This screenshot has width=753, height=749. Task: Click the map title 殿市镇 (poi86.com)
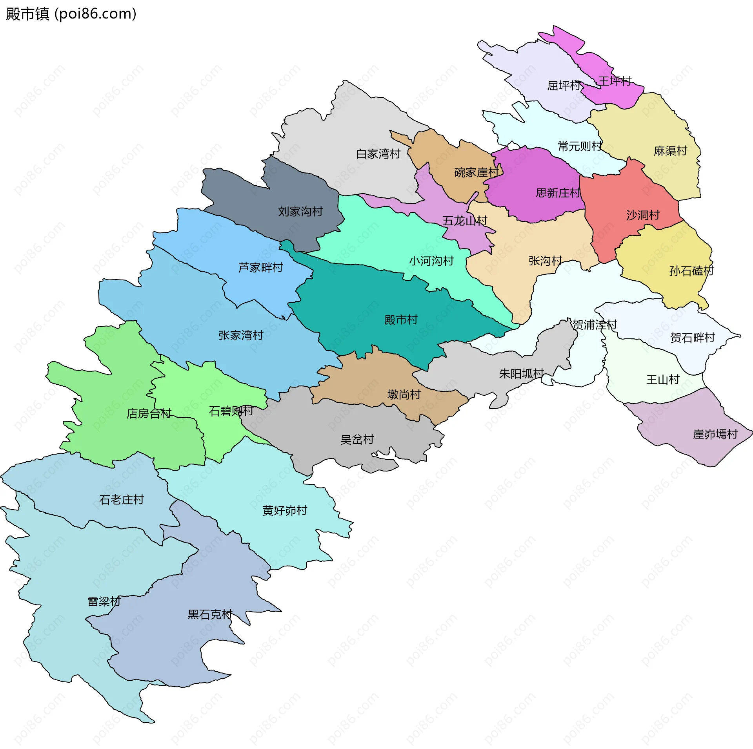71,14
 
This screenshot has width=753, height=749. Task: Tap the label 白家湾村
378,154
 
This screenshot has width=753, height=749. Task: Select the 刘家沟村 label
300,212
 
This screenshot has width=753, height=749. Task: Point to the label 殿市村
401,320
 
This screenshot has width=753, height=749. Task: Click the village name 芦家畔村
261,267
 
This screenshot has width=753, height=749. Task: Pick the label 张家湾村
241,335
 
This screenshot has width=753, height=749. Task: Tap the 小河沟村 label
431,261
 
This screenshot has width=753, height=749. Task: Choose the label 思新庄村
558,193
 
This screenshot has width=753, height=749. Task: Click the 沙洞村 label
643,215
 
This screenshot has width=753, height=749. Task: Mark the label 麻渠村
670,151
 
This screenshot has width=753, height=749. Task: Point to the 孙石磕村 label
691,271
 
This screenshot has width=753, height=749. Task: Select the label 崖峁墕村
715,434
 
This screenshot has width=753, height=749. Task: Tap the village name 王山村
663,380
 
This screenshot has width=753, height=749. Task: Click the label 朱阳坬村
521,374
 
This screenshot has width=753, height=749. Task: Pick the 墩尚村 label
404,394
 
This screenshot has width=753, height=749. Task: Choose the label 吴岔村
357,439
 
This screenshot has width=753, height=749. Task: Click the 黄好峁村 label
285,510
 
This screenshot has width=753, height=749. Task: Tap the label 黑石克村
210,614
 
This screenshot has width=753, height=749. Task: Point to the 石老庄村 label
122,500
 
